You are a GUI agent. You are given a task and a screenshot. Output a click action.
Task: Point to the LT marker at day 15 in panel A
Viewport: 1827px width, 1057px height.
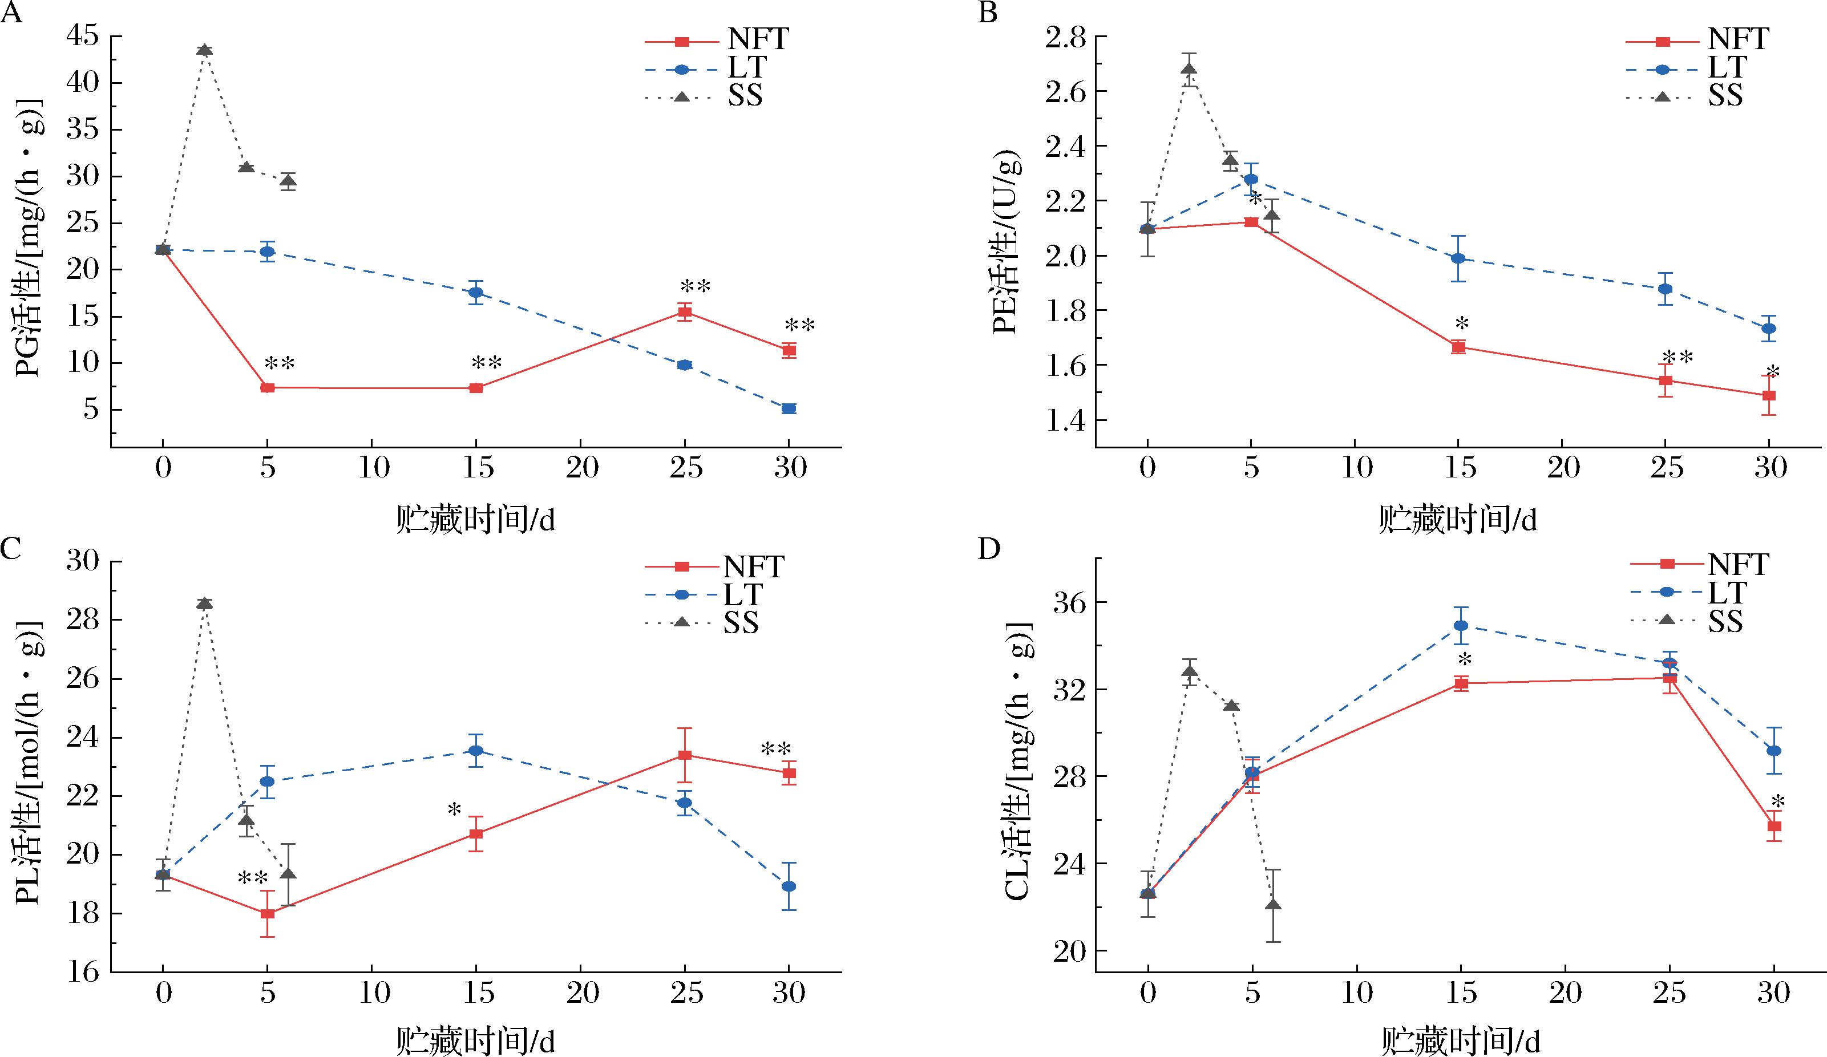click(x=476, y=292)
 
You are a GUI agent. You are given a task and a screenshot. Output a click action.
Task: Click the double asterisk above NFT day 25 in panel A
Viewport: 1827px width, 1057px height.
click(x=694, y=286)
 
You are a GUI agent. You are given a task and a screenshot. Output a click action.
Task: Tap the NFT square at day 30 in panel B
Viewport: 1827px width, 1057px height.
click(x=1769, y=396)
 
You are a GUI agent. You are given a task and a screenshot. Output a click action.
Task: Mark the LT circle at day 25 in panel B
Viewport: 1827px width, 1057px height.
click(x=1666, y=289)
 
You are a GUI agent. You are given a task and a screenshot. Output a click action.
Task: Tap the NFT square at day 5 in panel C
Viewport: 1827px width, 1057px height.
click(x=268, y=913)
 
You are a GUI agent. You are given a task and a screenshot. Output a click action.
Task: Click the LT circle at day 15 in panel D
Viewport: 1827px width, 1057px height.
click(x=1461, y=626)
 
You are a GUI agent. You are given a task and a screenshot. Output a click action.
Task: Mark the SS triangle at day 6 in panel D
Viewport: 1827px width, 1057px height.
click(x=1273, y=904)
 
